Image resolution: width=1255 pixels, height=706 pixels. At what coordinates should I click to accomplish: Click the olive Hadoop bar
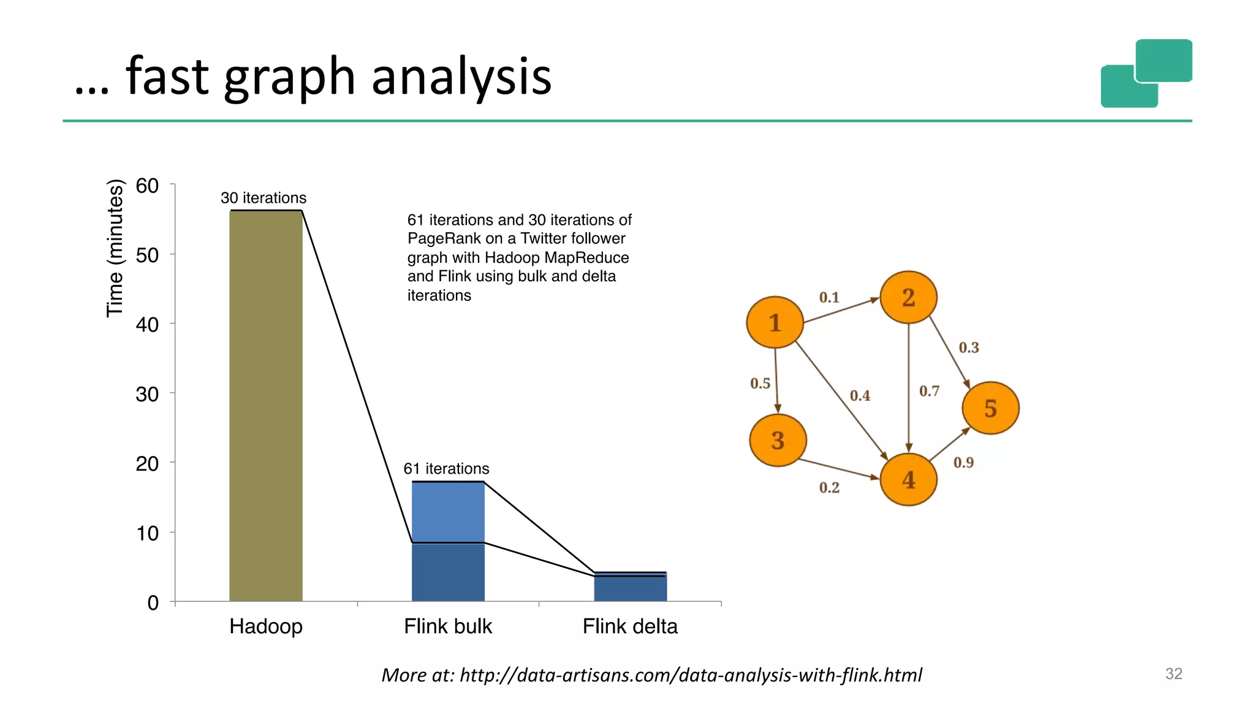coord(265,404)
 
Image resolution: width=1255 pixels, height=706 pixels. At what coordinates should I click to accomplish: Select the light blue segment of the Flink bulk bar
coord(448,512)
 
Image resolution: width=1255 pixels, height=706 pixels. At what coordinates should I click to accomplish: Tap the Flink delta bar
coord(630,587)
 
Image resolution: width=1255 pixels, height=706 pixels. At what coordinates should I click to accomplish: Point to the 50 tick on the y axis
coord(147,255)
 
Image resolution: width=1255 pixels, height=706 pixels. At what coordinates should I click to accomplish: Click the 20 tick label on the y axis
coord(147,463)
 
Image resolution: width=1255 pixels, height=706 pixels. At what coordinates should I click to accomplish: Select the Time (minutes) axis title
coord(115,248)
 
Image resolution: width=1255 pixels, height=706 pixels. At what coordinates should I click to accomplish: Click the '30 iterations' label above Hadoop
coord(264,198)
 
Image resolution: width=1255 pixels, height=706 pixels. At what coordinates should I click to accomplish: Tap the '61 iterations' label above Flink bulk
coord(446,469)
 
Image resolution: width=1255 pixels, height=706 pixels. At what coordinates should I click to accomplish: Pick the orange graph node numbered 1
coord(775,322)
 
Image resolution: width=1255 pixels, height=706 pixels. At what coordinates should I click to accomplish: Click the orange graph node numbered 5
coord(990,408)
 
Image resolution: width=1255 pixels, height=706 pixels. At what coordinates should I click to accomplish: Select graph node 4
coord(908,480)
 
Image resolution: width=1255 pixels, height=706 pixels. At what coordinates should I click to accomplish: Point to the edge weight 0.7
coord(929,391)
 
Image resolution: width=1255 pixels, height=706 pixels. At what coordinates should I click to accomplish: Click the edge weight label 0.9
coord(963,463)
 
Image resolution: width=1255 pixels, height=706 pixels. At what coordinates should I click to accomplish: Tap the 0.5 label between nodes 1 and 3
coord(760,384)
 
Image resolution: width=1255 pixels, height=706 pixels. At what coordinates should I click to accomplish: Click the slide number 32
coord(1173,674)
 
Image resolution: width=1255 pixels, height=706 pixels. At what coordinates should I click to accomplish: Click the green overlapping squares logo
coord(1146,74)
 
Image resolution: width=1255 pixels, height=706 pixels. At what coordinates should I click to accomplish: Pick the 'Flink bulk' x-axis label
coord(448,626)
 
